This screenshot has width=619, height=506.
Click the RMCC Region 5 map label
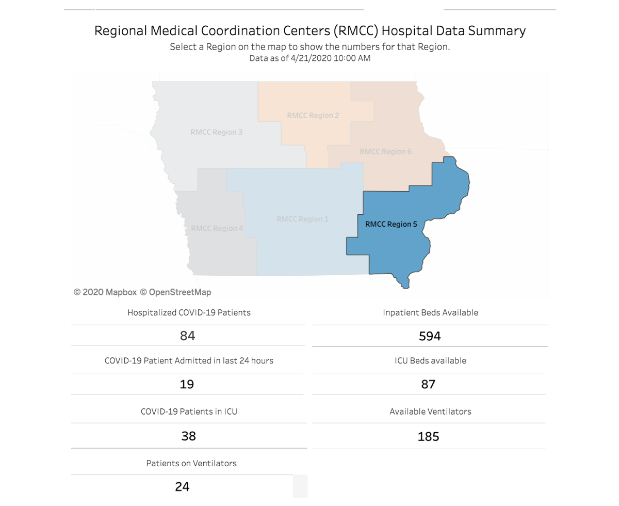pos(390,224)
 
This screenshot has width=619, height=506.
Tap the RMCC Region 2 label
pos(313,115)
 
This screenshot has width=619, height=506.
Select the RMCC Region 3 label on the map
pos(216,132)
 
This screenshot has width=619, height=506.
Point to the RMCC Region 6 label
pos(385,151)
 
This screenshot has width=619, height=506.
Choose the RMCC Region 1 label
pos(302,219)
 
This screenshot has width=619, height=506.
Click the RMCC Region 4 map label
pos(217,228)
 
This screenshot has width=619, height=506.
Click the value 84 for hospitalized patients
pos(187,336)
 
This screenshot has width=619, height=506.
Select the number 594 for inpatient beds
pos(430,336)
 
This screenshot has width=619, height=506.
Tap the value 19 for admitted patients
pos(187,384)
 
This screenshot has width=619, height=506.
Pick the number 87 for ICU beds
pos(428,384)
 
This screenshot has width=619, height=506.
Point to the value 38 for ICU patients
pos(188,436)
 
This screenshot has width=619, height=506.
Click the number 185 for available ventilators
pos(428,437)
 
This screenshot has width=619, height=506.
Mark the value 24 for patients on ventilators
pos(182,486)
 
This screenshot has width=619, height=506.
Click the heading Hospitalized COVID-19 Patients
pos(189,312)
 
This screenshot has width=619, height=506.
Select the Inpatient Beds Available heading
pos(430,312)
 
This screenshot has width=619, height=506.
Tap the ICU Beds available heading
pos(430,360)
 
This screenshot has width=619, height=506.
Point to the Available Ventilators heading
pos(430,412)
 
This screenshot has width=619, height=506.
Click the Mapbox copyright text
pos(105,292)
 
